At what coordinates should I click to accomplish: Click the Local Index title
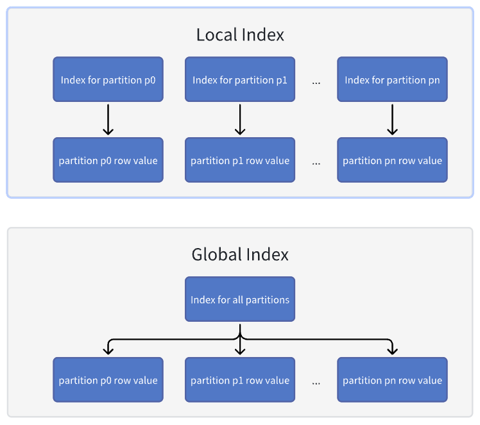240,35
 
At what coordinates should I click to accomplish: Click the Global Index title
240,254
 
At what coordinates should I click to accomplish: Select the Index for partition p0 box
108,79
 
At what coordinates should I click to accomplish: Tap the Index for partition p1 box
240,79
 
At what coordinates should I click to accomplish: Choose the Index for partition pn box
392,79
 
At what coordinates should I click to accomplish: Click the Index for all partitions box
240,299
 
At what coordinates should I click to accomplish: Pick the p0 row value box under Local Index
108,160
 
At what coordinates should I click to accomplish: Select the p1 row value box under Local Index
240,160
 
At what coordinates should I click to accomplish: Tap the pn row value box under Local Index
392,160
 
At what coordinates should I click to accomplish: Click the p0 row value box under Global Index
108,380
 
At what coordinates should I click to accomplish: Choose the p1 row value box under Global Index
240,380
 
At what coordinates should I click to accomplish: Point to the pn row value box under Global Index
392,380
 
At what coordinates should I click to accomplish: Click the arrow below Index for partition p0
108,119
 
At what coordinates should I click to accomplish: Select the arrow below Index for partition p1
240,119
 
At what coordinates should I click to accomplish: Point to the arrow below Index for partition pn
392,119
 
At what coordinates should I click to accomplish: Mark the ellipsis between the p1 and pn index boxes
316,82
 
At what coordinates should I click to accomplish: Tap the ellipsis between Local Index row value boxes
316,163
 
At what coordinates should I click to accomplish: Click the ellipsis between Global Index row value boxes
316,383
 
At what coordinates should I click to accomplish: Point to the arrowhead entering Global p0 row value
108,351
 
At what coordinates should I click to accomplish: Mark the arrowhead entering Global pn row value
392,351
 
